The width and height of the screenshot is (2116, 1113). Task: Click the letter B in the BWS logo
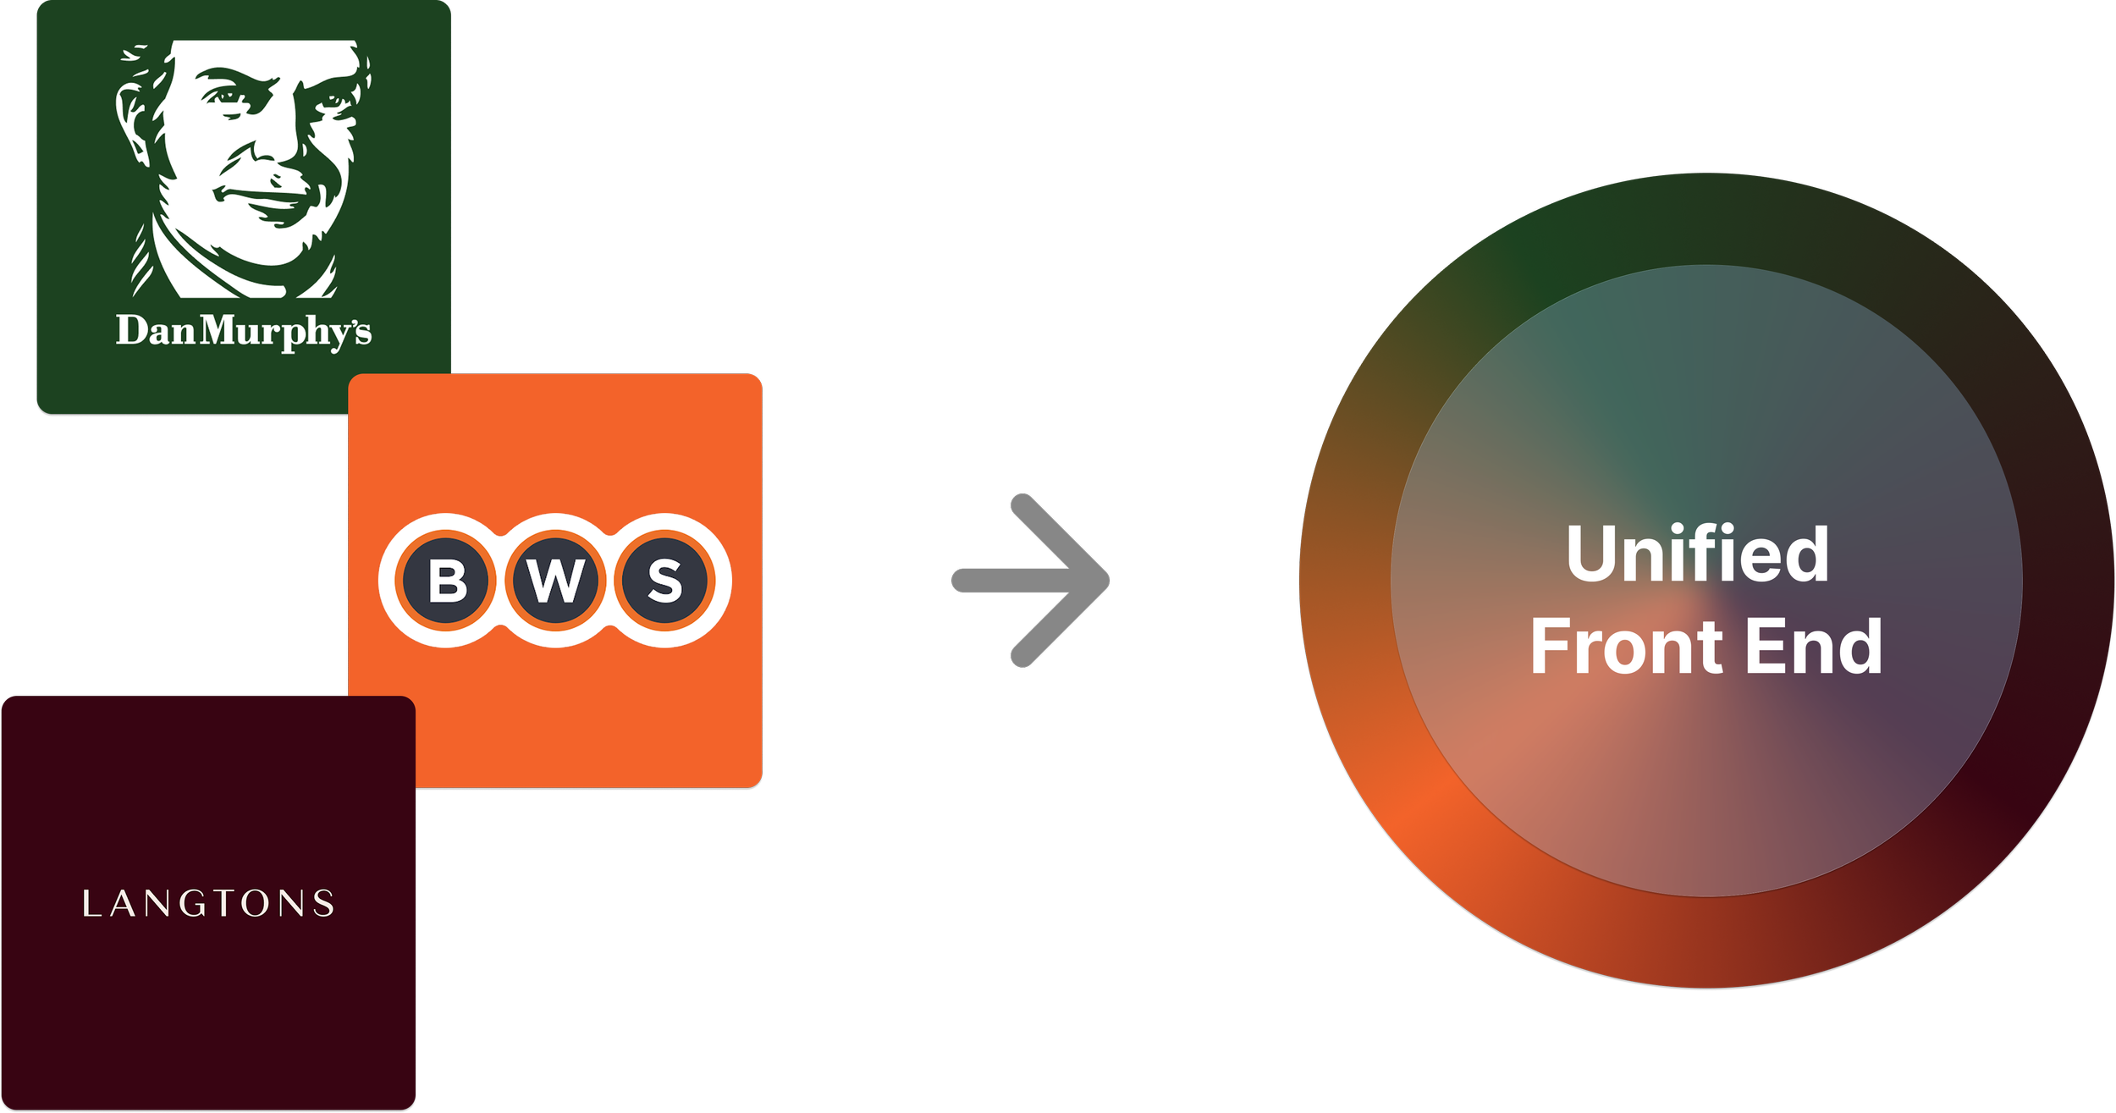[x=446, y=581]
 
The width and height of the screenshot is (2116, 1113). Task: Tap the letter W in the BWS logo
[x=555, y=581]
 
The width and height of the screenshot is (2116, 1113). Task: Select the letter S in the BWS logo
[x=664, y=581]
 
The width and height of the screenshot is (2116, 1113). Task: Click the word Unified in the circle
[x=1697, y=554]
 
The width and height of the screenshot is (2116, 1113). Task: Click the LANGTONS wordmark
[x=208, y=904]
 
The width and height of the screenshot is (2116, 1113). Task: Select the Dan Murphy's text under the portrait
[x=244, y=331]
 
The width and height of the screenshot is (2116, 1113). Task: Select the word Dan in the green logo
[x=156, y=330]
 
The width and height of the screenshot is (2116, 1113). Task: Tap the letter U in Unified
[x=1590, y=554]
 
